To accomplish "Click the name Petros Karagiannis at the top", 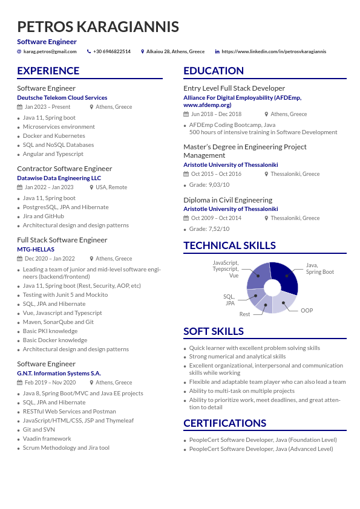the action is [x=98, y=27].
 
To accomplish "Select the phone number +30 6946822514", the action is [x=112, y=51].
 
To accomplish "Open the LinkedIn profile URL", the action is [x=273, y=51].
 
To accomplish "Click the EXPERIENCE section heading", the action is [x=48, y=71].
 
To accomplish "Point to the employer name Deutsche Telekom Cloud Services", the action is [x=62, y=97].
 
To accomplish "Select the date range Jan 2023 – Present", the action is [x=47, y=107].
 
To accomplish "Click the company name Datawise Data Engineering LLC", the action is [x=59, y=178].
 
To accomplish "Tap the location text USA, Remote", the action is [x=111, y=187].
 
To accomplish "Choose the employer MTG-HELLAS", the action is [x=36, y=249].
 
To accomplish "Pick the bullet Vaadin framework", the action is [x=47, y=438].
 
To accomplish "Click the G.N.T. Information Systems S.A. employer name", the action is [x=59, y=373].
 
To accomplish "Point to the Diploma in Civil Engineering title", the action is [x=227, y=199].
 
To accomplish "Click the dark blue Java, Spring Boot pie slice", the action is [x=287, y=276].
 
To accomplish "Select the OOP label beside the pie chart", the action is [x=307, y=311].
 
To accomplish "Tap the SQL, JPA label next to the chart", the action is [x=229, y=300].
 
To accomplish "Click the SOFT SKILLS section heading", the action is [x=214, y=331].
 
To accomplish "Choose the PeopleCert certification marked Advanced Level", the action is [x=261, y=449].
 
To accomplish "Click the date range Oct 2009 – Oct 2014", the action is [x=216, y=218].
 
